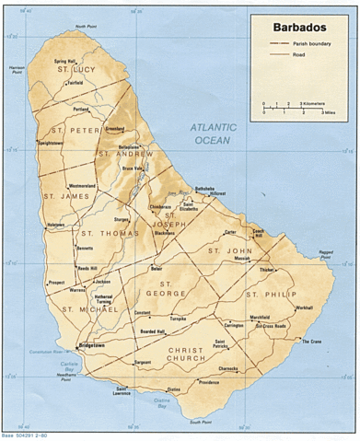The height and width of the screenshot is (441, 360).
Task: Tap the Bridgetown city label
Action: (99, 346)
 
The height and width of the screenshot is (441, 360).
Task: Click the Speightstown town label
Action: (51, 144)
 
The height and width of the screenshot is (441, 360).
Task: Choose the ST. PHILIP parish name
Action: (267, 294)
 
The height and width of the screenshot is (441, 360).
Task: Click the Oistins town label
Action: (173, 389)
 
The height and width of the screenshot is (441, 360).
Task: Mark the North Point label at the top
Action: (87, 28)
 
